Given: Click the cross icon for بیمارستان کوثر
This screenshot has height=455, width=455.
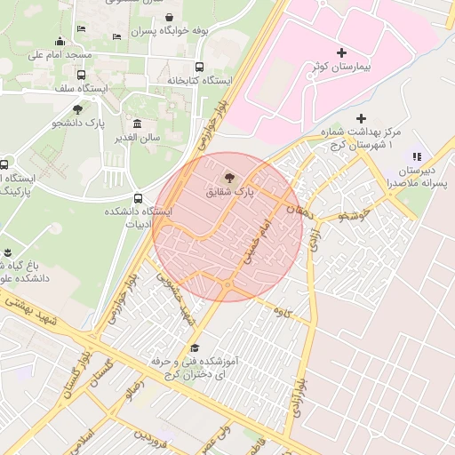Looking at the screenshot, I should click(x=341, y=53).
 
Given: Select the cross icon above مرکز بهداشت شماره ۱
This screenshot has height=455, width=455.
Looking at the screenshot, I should click(x=360, y=118).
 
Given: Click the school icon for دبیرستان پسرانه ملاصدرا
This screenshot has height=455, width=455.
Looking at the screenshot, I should click(x=417, y=156).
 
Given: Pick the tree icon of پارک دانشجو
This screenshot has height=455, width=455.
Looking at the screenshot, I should click(x=77, y=109).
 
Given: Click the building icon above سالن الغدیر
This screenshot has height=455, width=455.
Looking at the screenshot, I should click(x=137, y=124).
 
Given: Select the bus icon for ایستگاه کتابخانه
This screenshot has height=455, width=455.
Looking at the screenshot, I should click(x=199, y=67).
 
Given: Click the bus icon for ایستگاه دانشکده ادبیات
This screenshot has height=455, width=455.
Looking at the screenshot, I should click(x=138, y=198).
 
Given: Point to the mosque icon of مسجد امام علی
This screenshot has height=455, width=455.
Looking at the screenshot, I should click(x=60, y=41).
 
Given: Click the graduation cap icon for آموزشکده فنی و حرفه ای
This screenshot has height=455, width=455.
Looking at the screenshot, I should click(x=195, y=347).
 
